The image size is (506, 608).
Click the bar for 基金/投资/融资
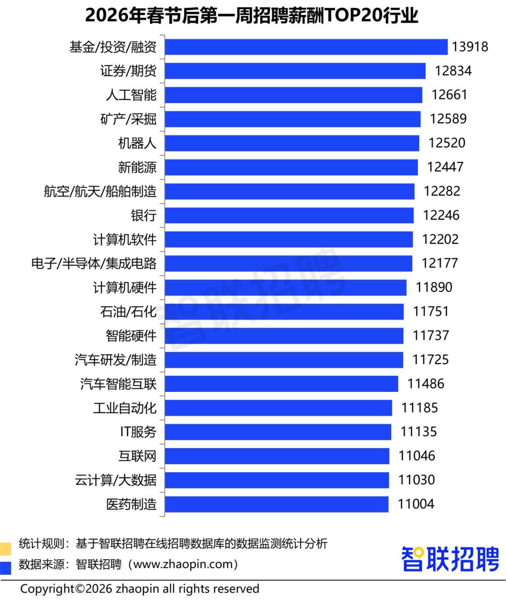[x=306, y=47]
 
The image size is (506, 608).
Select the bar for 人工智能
[x=293, y=95]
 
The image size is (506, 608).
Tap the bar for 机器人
[x=292, y=143]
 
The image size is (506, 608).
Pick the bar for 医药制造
[x=276, y=504]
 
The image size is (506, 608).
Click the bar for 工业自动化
[x=278, y=408]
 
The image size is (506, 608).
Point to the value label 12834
[x=453, y=71]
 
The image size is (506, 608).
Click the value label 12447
[x=445, y=167]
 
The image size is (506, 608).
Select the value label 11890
[x=434, y=288]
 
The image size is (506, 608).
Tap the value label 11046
[x=417, y=456]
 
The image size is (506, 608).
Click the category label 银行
[x=143, y=215]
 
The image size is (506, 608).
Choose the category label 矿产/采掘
[x=128, y=119]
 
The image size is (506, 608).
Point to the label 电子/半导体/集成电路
[x=94, y=263]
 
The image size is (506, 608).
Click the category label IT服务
[x=138, y=432]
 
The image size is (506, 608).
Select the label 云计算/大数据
[x=116, y=480]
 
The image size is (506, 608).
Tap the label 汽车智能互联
[x=118, y=384]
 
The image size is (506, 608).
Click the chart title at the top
[x=252, y=15]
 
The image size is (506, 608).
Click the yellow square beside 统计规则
[x=6, y=549]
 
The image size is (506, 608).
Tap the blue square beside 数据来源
[x=6, y=568]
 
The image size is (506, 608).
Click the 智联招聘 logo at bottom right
[x=450, y=559]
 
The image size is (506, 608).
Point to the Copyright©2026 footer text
[x=140, y=589]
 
